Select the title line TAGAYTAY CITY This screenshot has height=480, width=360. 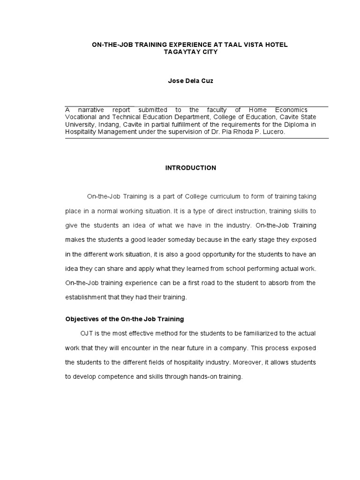[190, 52]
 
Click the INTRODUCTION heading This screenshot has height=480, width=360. [190, 168]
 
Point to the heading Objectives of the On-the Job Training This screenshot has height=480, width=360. [124, 319]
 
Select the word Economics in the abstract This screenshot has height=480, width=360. [290, 110]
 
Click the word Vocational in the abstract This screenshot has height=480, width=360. [80, 117]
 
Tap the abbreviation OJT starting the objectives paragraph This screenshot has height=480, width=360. [87, 333]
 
